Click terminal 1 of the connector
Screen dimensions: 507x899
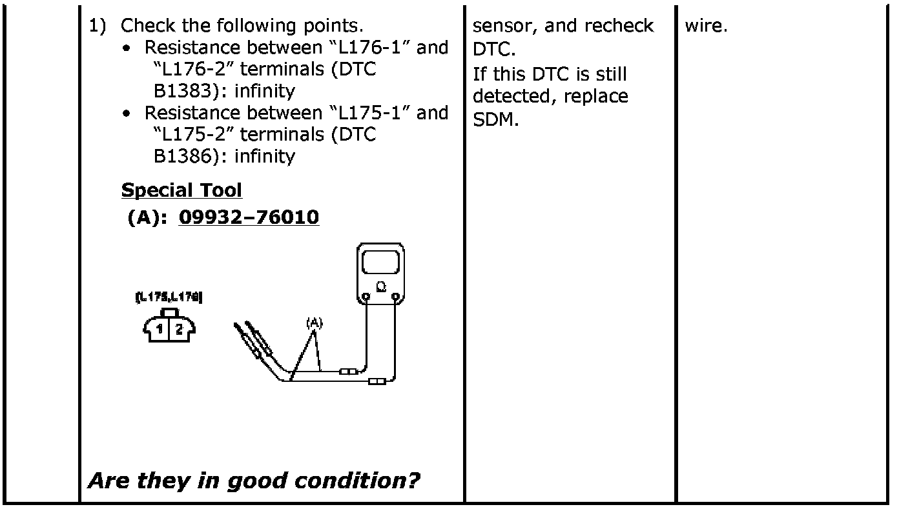click(159, 330)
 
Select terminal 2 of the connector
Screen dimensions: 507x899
click(179, 330)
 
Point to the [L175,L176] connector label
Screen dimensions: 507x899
click(169, 297)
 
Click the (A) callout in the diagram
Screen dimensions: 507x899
click(314, 321)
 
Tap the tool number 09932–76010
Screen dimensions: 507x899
click(249, 217)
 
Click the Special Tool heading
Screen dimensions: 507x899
click(181, 190)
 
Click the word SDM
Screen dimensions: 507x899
click(495, 120)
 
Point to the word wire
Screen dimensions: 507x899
click(706, 27)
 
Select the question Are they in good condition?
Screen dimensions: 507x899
click(254, 481)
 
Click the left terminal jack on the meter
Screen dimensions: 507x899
click(366, 298)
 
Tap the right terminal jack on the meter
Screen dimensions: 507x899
click(396, 298)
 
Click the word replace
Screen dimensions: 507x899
click(595, 96)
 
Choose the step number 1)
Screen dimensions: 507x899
click(97, 26)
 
